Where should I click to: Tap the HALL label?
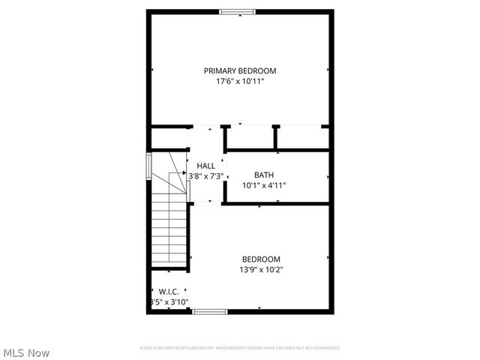[x=205, y=166]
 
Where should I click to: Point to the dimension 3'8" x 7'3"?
[x=205, y=176]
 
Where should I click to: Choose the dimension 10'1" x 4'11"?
[x=263, y=185]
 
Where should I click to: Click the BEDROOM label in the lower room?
[x=261, y=259]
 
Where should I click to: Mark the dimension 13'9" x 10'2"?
[x=261, y=270]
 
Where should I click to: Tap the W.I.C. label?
[x=167, y=291]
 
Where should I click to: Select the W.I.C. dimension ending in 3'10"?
[x=167, y=301]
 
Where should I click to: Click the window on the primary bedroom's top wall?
[x=237, y=11]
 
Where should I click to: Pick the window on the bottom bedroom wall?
[x=209, y=311]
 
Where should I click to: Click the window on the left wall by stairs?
[x=148, y=164]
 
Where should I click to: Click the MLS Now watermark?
[x=26, y=352]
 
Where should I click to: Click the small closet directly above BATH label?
[x=250, y=138]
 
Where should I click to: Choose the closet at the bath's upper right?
[x=303, y=138]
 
